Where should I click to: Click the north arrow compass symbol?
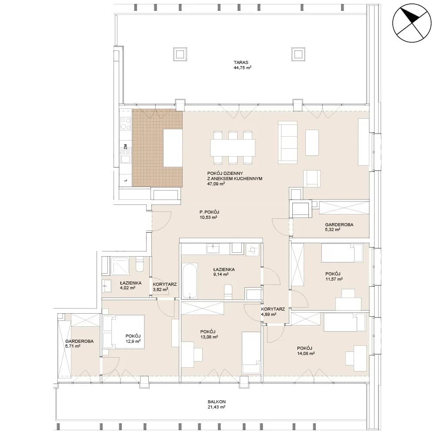(412, 23)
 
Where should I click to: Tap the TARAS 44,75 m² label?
(242, 65)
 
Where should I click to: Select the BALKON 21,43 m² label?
(216, 404)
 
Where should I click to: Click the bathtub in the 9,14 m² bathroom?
(190, 281)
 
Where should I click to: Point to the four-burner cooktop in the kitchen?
(125, 124)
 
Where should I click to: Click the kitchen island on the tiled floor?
(173, 147)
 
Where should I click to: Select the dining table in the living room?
(232, 147)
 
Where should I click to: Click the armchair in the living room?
(312, 179)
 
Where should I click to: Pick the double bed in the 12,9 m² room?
(124, 331)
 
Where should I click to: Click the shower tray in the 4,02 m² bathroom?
(120, 266)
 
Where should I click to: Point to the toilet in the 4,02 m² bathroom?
(139, 264)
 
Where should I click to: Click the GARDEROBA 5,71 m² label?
(79, 344)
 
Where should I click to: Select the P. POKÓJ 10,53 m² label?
(209, 215)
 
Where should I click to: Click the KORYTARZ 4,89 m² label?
(273, 311)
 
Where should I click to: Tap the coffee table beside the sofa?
(312, 143)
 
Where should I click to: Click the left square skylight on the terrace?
(180, 54)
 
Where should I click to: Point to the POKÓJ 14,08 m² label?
(306, 351)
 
